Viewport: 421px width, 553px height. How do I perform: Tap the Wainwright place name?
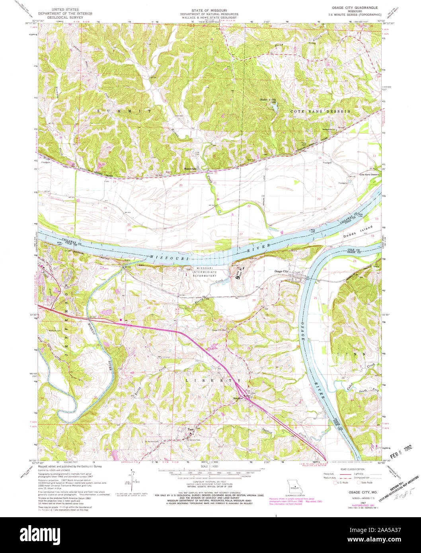tap(191, 168)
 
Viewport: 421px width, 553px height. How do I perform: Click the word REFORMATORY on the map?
tap(205, 276)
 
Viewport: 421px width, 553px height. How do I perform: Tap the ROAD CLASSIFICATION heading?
tap(352, 469)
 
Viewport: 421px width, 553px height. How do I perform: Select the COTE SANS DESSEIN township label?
tap(321, 112)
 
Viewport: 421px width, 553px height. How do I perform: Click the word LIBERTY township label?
tap(214, 380)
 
